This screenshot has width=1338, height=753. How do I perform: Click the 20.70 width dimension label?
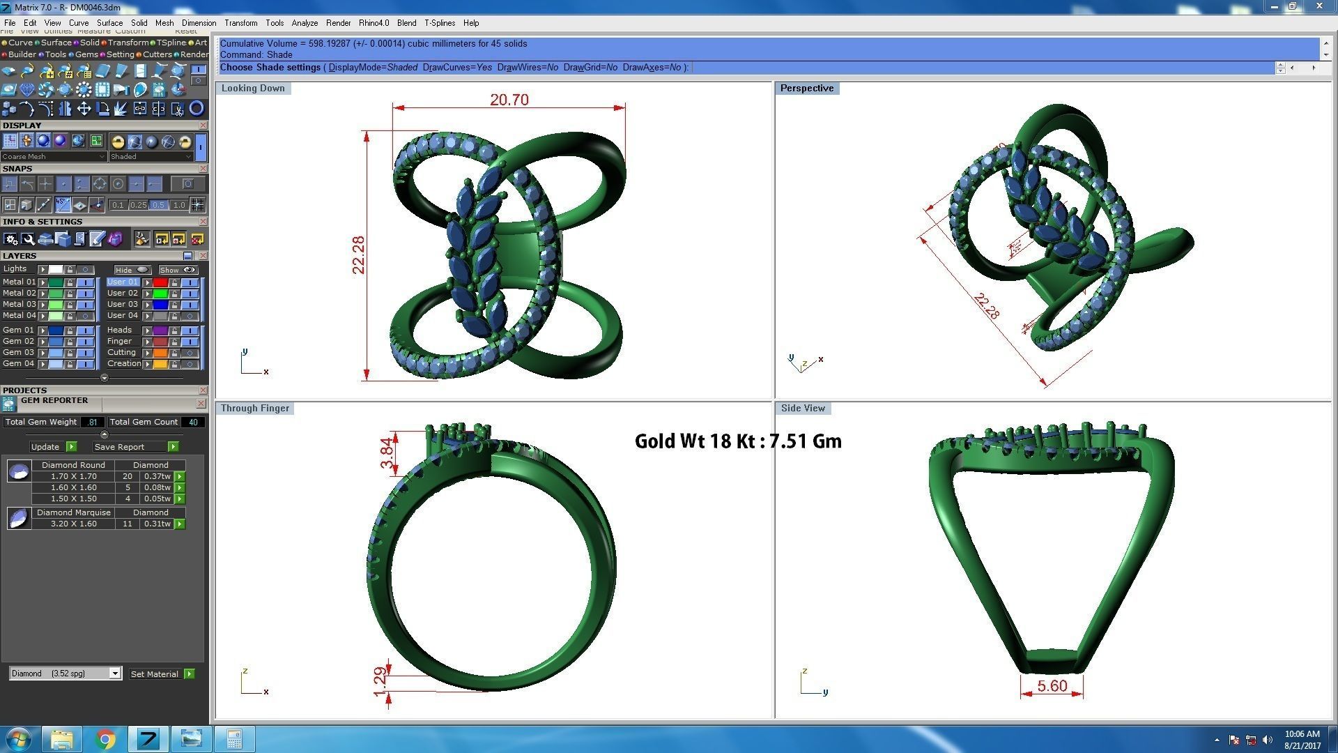coord(509,100)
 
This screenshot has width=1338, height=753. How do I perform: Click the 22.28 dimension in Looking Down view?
coord(358,255)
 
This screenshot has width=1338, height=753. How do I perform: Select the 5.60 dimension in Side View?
coord(1052,686)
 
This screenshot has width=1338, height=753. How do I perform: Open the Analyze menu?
coord(305,23)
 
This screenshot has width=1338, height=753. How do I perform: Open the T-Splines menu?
coord(440,23)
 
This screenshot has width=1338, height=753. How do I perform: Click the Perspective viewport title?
coord(806,89)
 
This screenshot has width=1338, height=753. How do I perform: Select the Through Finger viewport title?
coord(254,409)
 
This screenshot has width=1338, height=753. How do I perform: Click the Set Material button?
coord(155,674)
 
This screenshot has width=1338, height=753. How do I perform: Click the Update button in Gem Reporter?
coord(45,447)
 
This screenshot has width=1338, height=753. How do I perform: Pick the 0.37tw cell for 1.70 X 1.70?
coord(157,477)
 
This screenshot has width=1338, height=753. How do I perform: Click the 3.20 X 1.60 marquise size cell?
coord(73,524)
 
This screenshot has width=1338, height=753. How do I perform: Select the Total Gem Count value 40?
coord(193,422)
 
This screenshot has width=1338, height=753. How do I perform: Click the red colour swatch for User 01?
coord(160,282)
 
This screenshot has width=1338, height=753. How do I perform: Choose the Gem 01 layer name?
coord(18,330)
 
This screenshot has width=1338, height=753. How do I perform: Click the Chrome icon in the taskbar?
coord(105,739)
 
